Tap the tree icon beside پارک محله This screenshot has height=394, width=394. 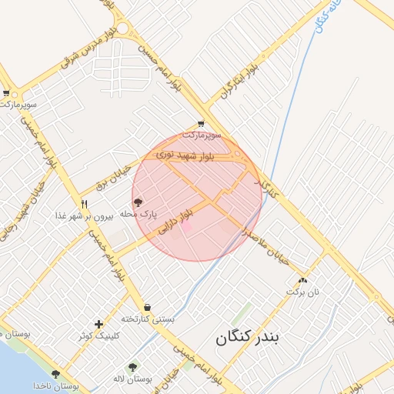pos(139,203)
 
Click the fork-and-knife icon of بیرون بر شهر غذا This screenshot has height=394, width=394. pos(84,204)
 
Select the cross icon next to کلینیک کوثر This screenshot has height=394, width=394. pos(98,324)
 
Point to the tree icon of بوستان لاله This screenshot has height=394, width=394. pos(132,368)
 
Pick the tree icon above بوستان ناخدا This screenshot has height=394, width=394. pos(55,373)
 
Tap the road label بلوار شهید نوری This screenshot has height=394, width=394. pos(188,156)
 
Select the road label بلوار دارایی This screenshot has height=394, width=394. pos(174,221)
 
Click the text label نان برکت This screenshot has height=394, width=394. pos(302,292)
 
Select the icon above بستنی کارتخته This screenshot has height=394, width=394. pos(147,307)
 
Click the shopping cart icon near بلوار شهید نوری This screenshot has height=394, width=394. pos(201,123)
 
